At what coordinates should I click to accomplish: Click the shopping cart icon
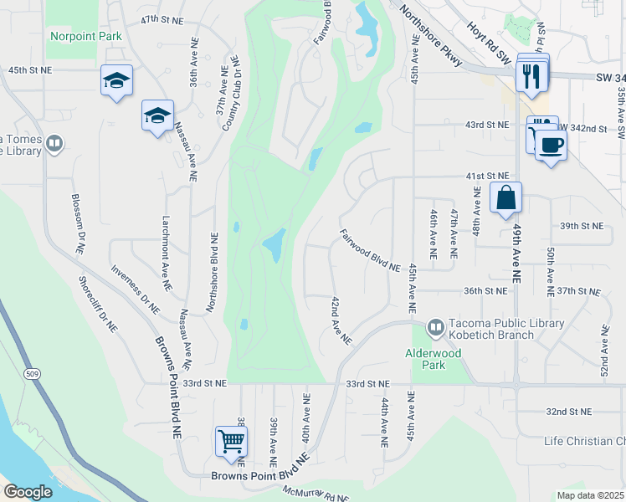[231, 440]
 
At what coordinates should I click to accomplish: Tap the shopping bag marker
[505, 198]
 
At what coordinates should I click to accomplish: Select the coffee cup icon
[551, 146]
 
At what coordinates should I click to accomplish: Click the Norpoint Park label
[86, 36]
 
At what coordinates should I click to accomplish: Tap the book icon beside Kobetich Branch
[435, 325]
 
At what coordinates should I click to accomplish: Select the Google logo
[28, 492]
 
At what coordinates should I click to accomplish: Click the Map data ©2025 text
[590, 495]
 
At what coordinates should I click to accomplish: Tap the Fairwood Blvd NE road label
[370, 250]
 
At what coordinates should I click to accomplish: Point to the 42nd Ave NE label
[341, 320]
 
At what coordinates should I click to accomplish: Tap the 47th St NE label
[161, 18]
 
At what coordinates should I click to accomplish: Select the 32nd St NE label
[568, 412]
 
